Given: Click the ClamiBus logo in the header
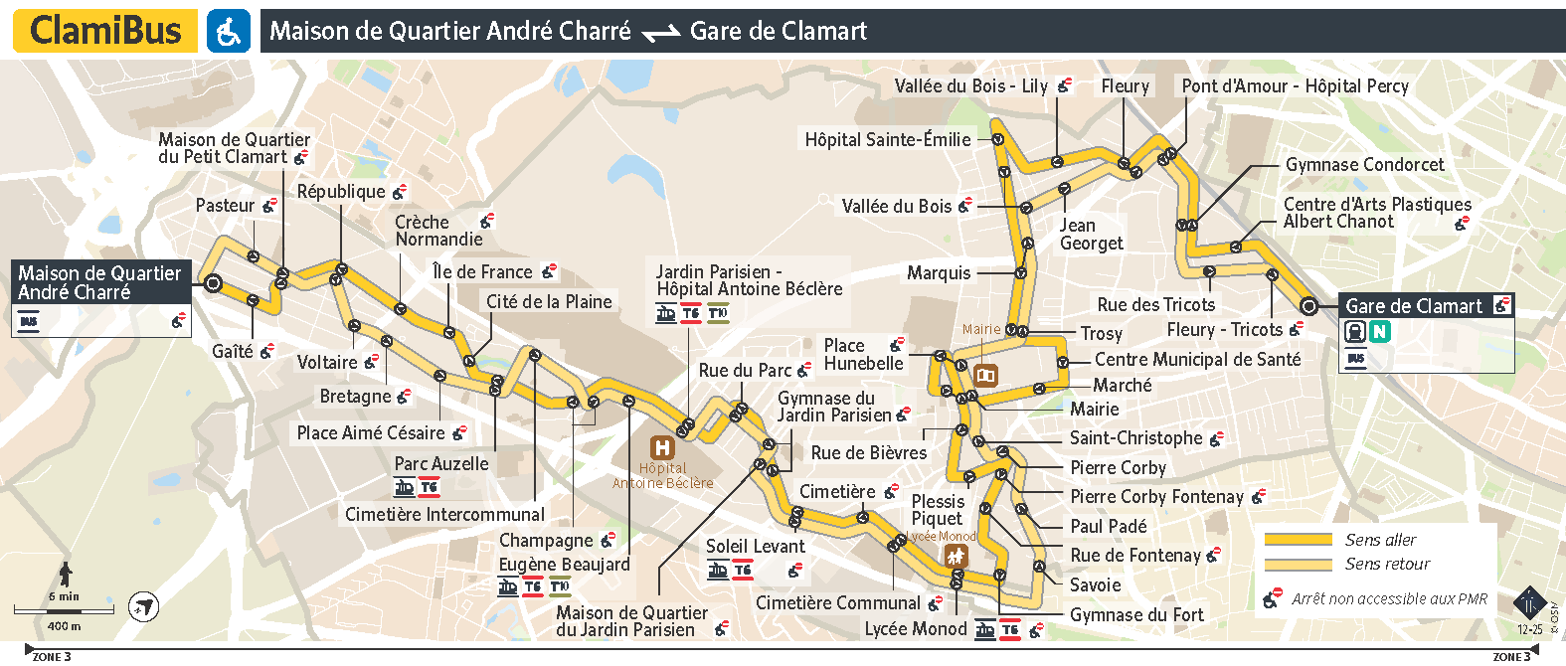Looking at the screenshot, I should [104, 31].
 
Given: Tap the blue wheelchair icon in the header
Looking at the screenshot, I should [229, 31].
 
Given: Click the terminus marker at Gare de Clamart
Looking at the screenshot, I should [1308, 306].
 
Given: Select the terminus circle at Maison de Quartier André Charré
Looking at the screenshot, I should [212, 283].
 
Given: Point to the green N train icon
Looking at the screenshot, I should [1379, 332].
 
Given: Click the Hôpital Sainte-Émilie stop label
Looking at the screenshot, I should [887, 140].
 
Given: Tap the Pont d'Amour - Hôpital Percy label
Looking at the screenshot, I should [1295, 86].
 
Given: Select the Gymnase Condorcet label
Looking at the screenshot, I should [1364, 165].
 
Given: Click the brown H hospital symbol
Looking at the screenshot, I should [661, 447].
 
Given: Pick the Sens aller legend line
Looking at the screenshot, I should [1298, 540].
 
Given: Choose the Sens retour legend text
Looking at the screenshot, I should [1387, 564].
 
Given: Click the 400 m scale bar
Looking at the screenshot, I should [64, 609].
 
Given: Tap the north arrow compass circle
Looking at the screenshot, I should [145, 606].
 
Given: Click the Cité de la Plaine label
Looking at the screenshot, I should [549, 301].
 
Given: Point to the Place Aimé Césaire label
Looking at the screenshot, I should [371, 433].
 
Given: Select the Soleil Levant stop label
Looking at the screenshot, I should [755, 547].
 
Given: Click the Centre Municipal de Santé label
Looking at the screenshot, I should [1197, 360].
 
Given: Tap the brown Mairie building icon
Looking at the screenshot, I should [985, 375].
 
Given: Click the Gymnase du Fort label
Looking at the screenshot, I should [1136, 615].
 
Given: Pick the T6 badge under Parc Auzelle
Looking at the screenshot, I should [429, 487].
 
